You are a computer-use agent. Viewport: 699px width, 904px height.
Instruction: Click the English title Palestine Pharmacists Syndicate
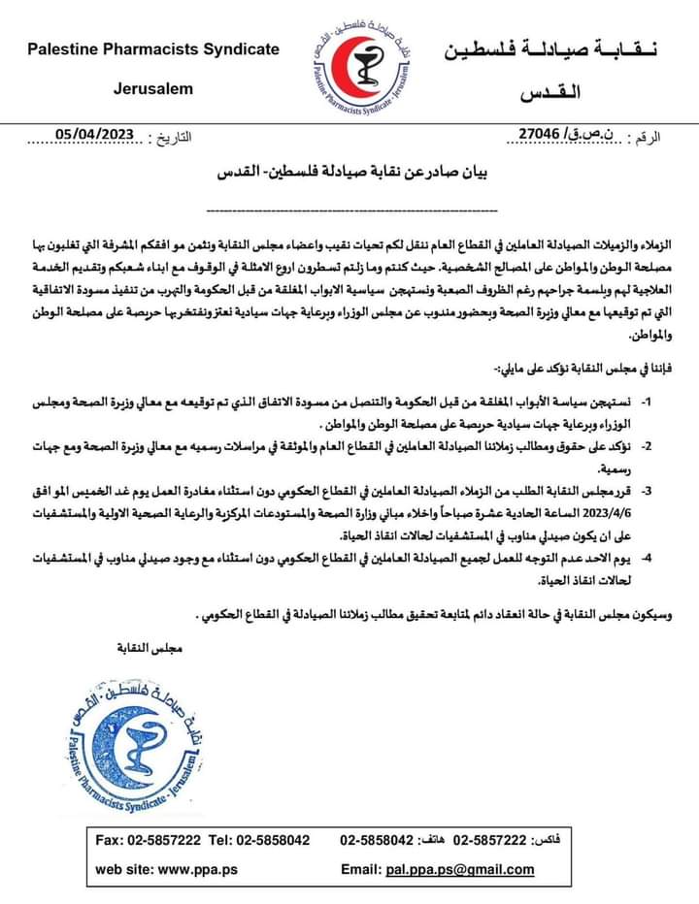[152, 48]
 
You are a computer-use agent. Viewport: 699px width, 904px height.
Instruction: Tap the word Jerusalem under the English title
[152, 88]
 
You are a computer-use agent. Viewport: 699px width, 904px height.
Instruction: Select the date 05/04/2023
[93, 135]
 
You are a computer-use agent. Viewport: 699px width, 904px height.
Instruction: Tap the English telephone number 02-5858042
[278, 840]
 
